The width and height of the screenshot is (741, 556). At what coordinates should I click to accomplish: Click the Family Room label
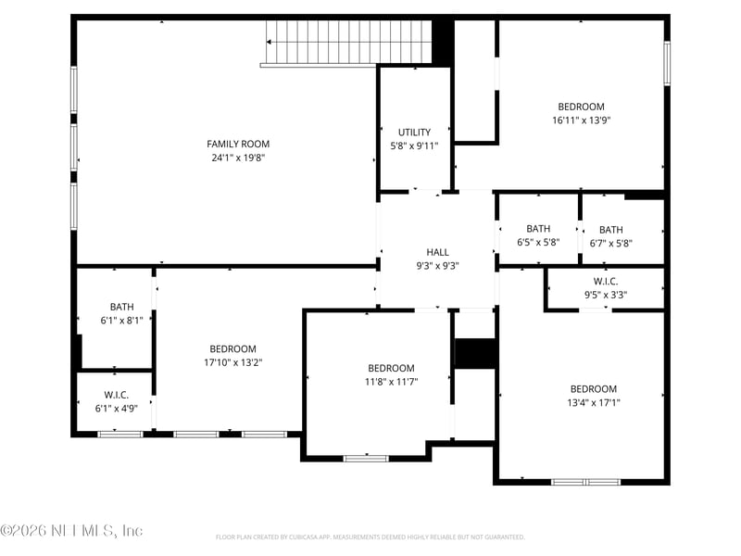pos(238,144)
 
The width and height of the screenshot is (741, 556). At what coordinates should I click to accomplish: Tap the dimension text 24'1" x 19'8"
pos(238,158)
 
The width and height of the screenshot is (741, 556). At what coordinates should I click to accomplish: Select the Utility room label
pos(414,133)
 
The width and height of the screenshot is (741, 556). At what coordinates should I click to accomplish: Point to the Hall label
pos(437,252)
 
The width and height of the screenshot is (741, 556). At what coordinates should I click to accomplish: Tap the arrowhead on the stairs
pos(270,42)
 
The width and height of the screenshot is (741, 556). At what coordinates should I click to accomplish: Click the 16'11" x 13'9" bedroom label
pos(581,107)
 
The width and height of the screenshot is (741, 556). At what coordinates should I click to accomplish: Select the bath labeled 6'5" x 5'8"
pos(538,229)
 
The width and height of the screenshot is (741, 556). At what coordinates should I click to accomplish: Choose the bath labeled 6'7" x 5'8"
pos(610,230)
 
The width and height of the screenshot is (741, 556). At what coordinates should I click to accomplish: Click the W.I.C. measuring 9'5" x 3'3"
pos(606,282)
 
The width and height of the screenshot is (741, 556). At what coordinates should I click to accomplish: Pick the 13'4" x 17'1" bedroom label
pos(593,389)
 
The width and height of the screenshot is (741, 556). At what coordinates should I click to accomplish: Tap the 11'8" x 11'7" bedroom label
pos(391,368)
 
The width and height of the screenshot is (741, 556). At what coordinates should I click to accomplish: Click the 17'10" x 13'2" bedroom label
pos(232,349)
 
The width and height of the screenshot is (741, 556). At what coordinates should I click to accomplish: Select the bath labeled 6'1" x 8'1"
pos(121,307)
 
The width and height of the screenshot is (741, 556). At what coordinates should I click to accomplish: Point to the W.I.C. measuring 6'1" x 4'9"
pos(116,395)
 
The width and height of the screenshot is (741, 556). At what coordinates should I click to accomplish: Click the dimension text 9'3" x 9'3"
pos(437,265)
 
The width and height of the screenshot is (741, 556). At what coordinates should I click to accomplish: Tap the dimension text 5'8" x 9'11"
pos(414,145)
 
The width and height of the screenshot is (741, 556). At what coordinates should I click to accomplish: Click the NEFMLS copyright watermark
pos(71,531)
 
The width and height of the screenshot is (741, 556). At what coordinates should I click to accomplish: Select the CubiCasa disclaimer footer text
pos(370,537)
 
